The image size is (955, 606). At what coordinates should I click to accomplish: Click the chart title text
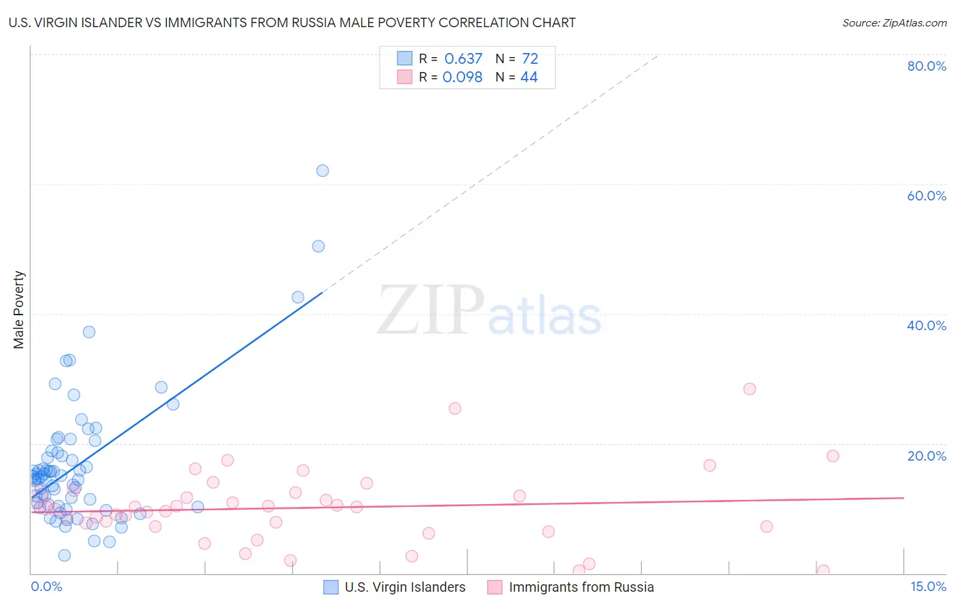pyautogui.click(x=293, y=23)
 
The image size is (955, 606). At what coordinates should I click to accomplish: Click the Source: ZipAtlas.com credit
pyautogui.click(x=894, y=23)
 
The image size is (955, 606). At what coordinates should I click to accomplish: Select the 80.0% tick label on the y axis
pyautogui.click(x=926, y=66)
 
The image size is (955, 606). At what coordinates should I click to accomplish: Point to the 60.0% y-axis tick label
pyautogui.click(x=926, y=196)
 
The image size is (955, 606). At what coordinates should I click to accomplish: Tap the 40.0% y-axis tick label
pyautogui.click(x=926, y=325)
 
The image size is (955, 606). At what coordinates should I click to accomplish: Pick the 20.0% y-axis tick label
pyautogui.click(x=926, y=456)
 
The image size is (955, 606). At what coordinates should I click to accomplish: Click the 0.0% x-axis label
pyautogui.click(x=46, y=586)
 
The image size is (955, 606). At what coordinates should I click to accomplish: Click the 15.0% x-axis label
pyautogui.click(x=928, y=586)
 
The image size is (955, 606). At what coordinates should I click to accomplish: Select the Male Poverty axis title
pyautogui.click(x=19, y=310)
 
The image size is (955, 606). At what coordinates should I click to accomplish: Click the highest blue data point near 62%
pyautogui.click(x=323, y=171)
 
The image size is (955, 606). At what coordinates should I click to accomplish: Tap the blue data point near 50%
pyautogui.click(x=318, y=247)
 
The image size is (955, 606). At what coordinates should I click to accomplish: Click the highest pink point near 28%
pyautogui.click(x=749, y=389)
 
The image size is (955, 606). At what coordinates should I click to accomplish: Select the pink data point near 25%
pyautogui.click(x=455, y=408)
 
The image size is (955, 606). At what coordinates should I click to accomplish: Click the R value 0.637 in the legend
pyautogui.click(x=463, y=59)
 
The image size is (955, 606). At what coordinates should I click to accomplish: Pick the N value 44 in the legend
pyautogui.click(x=529, y=77)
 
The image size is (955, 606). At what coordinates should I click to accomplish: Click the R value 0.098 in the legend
pyautogui.click(x=463, y=77)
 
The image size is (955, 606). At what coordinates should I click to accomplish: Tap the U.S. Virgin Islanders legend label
pyautogui.click(x=405, y=587)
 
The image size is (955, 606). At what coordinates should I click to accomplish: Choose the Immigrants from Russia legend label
pyautogui.click(x=581, y=587)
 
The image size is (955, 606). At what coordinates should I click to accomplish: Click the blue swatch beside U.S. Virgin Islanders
pyautogui.click(x=331, y=587)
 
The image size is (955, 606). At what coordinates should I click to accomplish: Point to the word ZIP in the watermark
pyautogui.click(x=431, y=310)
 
